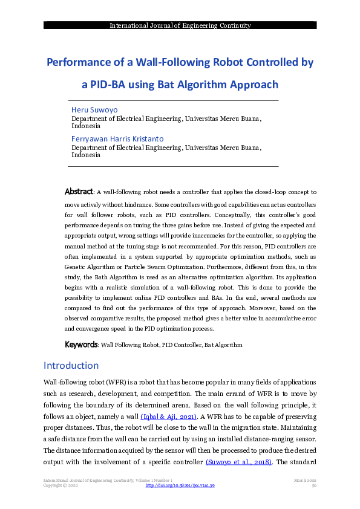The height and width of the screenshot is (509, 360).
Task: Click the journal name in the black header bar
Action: [x=180, y=25]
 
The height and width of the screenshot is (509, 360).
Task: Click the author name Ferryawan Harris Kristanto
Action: [x=117, y=139]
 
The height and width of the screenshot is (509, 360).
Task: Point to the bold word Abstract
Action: [x=79, y=192]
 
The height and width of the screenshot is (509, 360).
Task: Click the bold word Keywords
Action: [x=81, y=345]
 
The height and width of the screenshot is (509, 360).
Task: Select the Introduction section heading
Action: [x=71, y=366]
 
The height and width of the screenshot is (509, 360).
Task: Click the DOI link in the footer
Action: [x=180, y=485]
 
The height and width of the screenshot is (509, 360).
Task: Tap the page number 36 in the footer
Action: [x=314, y=485]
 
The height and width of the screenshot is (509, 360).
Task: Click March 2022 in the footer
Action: [x=306, y=480]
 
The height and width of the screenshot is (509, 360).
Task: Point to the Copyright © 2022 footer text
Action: [x=61, y=485]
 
